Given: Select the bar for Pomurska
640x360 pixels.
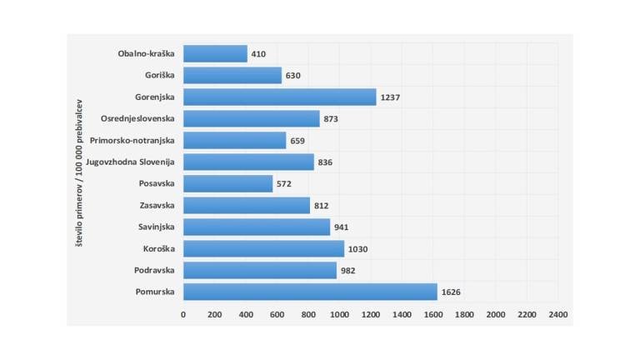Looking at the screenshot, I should [x=310, y=292].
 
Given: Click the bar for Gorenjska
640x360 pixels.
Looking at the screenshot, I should [x=279, y=97].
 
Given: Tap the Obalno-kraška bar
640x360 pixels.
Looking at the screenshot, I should [x=215, y=53].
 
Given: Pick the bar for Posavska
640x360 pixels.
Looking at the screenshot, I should [x=227, y=183].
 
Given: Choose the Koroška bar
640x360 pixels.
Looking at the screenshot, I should [x=263, y=248].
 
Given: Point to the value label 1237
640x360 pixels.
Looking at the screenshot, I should [x=390, y=97].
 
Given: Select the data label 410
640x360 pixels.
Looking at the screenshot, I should [x=258, y=53].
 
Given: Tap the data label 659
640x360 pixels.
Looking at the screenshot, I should [x=298, y=140].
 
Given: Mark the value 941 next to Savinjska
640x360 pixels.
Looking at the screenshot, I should [x=342, y=227].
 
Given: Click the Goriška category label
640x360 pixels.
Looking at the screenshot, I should [x=159, y=75].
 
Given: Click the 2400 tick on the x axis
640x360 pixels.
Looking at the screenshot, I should [x=558, y=315].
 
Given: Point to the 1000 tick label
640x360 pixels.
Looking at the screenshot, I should [x=339, y=315].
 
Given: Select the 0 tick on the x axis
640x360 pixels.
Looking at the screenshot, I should [x=183, y=315].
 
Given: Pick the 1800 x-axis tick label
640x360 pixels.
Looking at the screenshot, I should [x=464, y=315].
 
